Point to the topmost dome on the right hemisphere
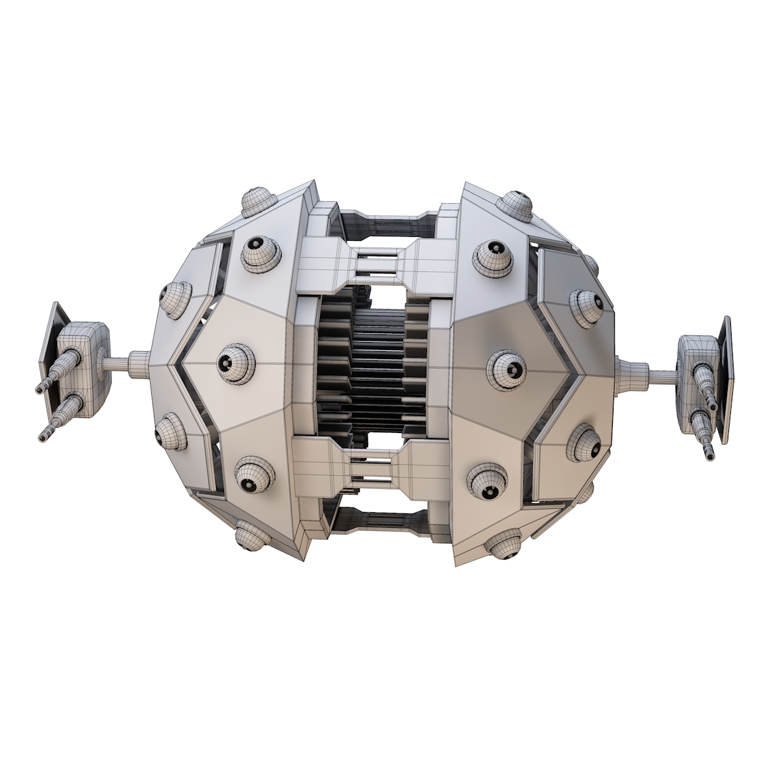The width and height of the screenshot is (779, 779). point(517,204)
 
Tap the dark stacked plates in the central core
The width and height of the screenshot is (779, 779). point(378,370)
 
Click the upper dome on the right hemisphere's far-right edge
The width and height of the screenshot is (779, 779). point(586,305)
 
